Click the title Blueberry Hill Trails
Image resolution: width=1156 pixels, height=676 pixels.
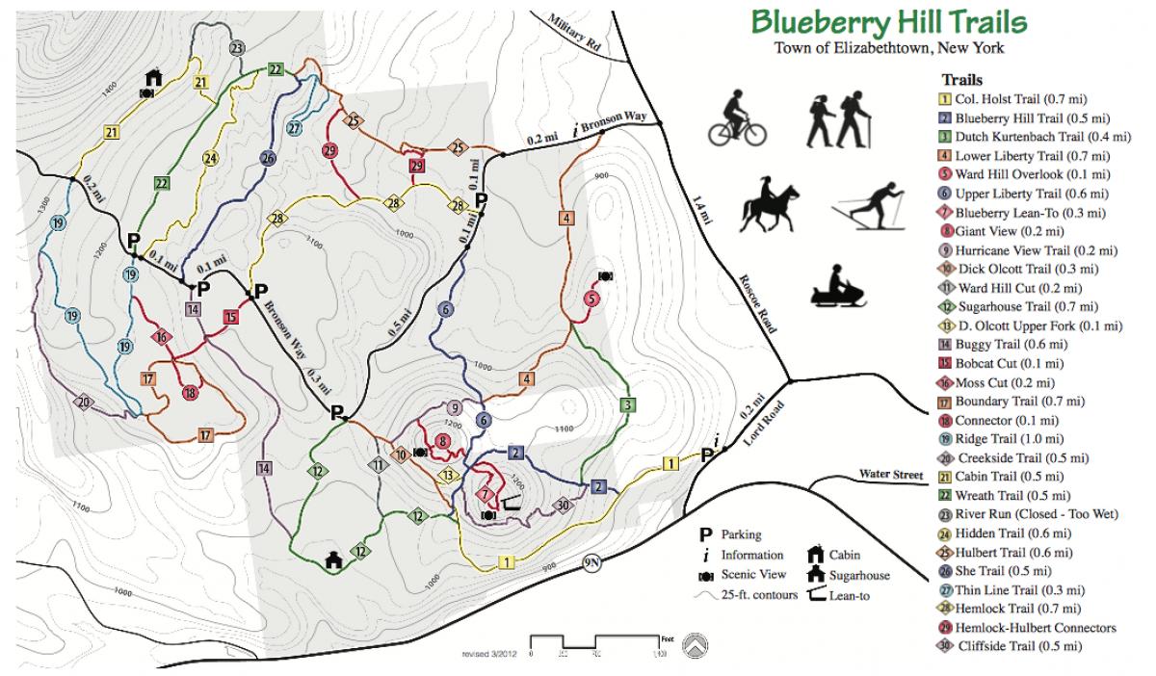coord(888,23)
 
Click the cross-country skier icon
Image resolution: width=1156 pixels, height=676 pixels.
coord(872,206)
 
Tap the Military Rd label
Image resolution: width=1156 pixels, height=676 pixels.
coord(574,32)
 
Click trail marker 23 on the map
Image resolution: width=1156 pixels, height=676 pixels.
coord(237,49)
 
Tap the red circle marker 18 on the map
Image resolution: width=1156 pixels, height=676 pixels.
coord(191,392)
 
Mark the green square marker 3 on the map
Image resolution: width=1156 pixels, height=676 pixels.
coord(628,404)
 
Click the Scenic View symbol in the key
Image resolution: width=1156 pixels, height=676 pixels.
coord(706,575)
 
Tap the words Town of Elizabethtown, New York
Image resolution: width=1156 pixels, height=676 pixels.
coord(887,49)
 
